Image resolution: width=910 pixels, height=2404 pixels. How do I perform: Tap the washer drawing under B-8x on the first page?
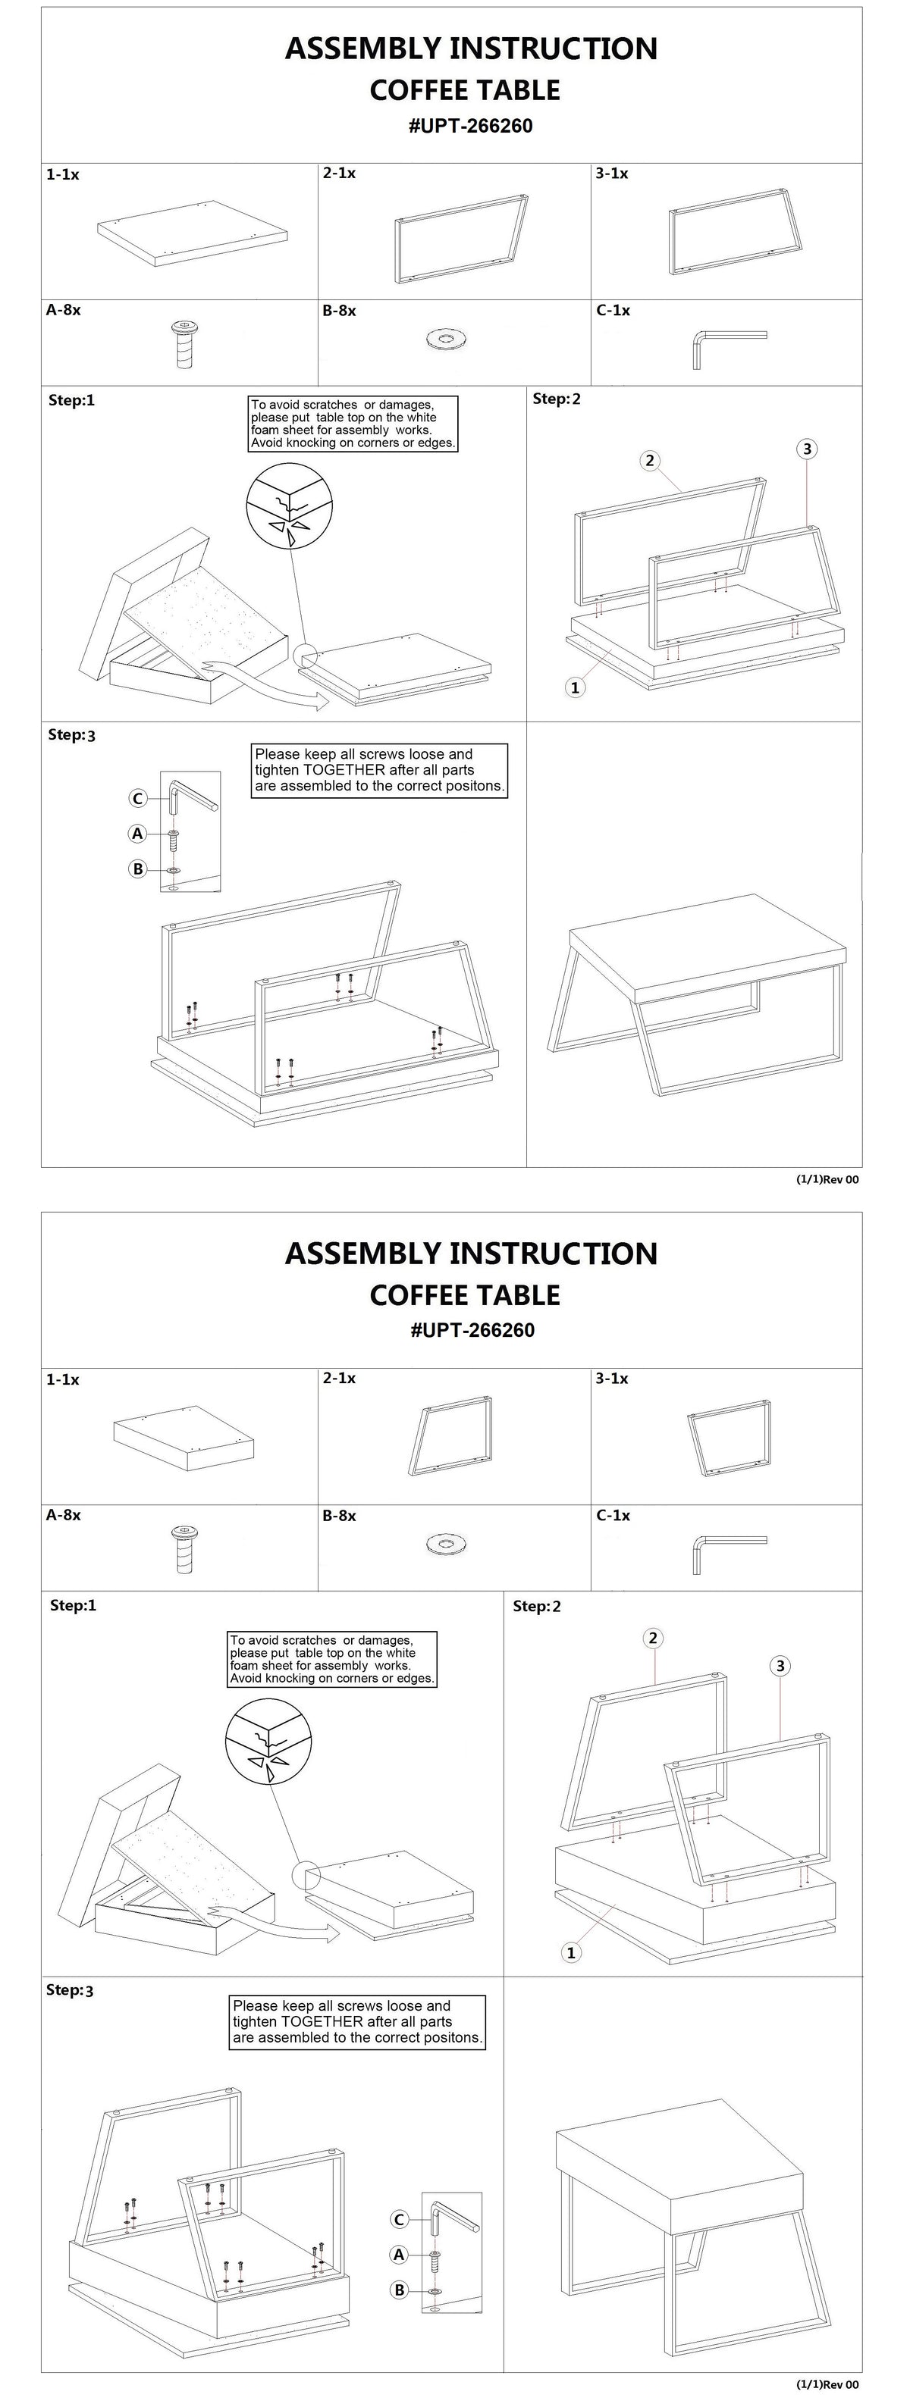[x=444, y=339]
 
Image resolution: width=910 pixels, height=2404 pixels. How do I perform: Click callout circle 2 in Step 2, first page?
[x=650, y=459]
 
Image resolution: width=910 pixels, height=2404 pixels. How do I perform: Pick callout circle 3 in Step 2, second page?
[x=780, y=1666]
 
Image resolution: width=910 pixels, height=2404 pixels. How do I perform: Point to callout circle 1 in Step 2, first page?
[x=575, y=688]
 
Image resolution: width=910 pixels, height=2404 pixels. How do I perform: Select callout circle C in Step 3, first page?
[x=137, y=798]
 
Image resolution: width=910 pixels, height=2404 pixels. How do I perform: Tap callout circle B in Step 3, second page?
[x=400, y=2290]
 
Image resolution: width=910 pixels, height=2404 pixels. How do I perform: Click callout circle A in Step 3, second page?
[x=399, y=2255]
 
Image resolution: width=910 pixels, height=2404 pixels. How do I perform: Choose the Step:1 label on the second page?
[x=73, y=1605]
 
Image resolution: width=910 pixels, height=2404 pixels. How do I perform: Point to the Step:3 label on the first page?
[x=72, y=734]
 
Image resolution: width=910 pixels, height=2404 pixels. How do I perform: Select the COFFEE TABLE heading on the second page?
[x=465, y=1294]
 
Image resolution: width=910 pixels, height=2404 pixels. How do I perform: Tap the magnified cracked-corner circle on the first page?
[x=288, y=509]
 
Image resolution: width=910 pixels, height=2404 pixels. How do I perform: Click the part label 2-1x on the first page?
[x=339, y=174]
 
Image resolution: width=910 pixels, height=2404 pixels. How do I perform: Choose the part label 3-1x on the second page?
[x=612, y=1379]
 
